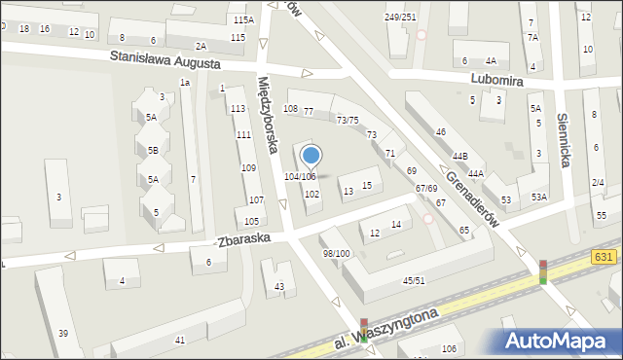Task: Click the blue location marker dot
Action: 311,155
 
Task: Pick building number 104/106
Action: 300,176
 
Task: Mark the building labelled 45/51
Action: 414,281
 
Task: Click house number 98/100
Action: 336,253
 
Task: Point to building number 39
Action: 63,334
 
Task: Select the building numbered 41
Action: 179,340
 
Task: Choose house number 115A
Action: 243,19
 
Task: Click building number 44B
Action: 458,156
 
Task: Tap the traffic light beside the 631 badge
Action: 543,271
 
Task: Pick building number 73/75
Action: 348,120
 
